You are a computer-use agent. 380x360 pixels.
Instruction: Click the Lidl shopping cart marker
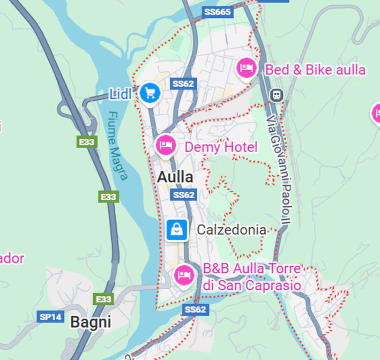click(150, 93)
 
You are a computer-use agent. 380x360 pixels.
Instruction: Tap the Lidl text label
click(120, 94)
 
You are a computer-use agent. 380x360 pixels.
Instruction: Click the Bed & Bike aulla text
click(315, 70)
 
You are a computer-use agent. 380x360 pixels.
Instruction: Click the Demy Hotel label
click(221, 147)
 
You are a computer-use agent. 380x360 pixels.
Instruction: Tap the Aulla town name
click(175, 177)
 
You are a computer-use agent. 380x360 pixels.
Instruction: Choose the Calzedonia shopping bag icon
click(177, 230)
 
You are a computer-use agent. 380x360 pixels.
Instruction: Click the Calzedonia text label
click(231, 230)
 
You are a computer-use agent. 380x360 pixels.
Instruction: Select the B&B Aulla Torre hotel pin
click(184, 275)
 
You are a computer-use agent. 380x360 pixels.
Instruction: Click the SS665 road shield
click(218, 12)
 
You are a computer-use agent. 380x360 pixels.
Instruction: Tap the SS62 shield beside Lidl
click(183, 84)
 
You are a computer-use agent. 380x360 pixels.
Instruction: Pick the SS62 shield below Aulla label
click(183, 195)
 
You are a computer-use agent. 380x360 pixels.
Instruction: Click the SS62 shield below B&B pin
click(195, 309)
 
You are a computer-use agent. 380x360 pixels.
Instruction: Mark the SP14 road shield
click(50, 317)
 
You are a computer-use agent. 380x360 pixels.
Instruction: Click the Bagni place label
click(90, 322)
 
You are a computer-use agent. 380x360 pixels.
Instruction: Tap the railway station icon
click(276, 95)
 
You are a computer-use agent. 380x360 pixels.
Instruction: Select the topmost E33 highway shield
click(87, 142)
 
